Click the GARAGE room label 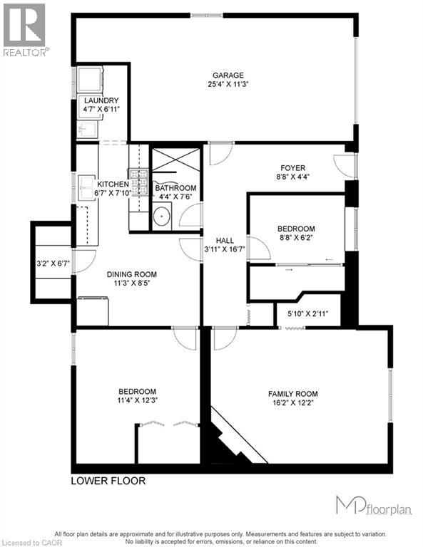[228, 75]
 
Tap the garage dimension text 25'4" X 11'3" [228, 85]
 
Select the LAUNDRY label [101, 101]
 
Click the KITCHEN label [111, 184]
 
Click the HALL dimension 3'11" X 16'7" [224, 249]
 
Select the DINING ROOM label [131, 274]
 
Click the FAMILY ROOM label [292, 394]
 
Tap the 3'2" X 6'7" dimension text [53, 264]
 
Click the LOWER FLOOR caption [108, 481]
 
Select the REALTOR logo [26, 29]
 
